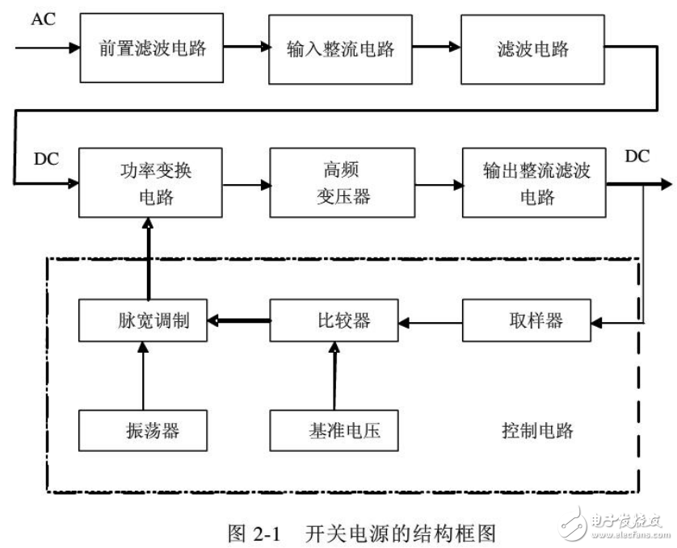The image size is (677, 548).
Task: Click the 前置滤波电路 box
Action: (153, 48)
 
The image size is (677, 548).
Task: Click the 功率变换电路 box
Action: (149, 183)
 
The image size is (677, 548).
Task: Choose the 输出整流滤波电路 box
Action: (533, 183)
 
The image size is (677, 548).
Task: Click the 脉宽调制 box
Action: (143, 320)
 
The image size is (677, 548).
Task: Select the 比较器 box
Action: (333, 320)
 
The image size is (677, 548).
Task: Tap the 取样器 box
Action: (527, 320)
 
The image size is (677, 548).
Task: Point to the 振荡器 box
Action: (143, 430)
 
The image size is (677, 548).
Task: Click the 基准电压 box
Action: (334, 430)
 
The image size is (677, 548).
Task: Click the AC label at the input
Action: (43, 19)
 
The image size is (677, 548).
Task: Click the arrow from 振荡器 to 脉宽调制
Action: (143, 376)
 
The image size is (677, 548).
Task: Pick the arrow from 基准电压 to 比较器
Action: (332, 376)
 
